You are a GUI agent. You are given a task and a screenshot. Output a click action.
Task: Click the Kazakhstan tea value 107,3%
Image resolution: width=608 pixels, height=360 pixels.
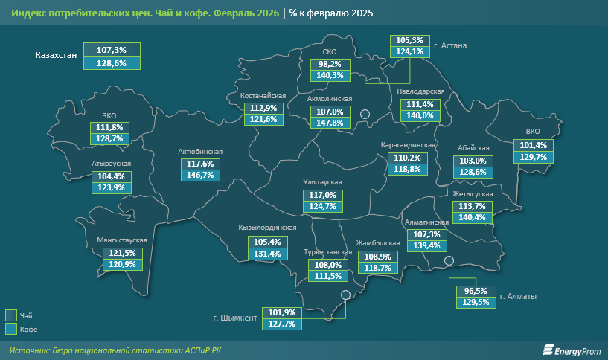pyautogui.click(x=112, y=50)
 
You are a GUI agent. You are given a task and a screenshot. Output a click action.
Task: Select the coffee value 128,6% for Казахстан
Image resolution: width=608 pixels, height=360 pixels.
pyautogui.click(x=112, y=64)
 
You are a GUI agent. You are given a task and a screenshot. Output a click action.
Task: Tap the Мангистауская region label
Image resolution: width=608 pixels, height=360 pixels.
pyautogui.click(x=122, y=240)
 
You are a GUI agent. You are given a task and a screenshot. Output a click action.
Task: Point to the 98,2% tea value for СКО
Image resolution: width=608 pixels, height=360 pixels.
pyautogui.click(x=330, y=64)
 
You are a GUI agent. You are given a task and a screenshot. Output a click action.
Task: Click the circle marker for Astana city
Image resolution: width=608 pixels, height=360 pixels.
pyautogui.click(x=365, y=114)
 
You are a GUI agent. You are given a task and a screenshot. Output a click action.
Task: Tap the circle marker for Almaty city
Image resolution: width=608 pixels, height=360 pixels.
pyautogui.click(x=449, y=260)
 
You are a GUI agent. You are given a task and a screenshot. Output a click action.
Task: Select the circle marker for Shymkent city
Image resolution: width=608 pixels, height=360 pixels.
pyautogui.click(x=345, y=295)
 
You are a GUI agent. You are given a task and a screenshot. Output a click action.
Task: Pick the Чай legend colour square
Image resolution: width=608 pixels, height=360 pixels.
pyautogui.click(x=11, y=315)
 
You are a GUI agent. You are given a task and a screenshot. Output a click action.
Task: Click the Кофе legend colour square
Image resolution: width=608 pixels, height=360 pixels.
pyautogui.click(x=11, y=328)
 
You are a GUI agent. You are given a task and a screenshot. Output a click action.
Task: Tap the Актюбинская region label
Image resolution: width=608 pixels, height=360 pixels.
pyautogui.click(x=200, y=151)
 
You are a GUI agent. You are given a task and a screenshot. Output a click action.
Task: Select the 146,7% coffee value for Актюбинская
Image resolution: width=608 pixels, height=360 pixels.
pyautogui.click(x=200, y=176)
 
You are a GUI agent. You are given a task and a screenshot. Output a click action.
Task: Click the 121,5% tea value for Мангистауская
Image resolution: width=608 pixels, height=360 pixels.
pyautogui.click(x=118, y=253)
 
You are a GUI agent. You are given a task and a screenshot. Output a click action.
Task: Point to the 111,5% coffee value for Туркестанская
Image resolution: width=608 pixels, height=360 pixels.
pyautogui.click(x=328, y=276)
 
